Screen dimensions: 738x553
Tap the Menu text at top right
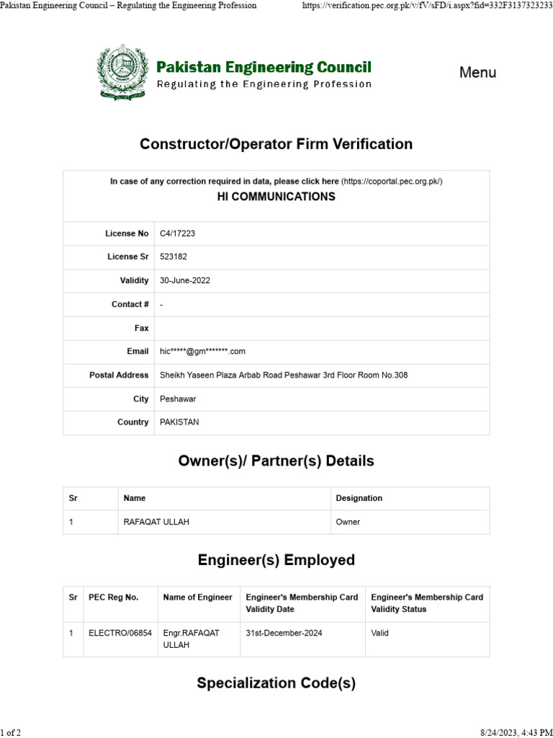(x=477, y=73)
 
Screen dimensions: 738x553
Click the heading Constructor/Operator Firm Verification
(x=276, y=144)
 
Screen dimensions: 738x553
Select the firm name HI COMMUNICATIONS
(x=276, y=196)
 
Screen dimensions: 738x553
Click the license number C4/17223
(x=177, y=234)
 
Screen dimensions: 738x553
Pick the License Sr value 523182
(x=174, y=257)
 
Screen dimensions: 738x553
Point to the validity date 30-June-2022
(x=185, y=280)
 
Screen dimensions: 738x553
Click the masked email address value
(x=202, y=352)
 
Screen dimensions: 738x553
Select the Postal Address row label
(x=119, y=375)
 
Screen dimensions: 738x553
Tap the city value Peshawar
(x=178, y=399)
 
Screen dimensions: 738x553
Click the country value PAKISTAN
(x=179, y=422)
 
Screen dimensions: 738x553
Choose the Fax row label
(x=141, y=328)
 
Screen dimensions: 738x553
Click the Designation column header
(x=359, y=498)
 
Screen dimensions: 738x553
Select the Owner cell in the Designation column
(x=348, y=522)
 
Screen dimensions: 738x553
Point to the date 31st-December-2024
(x=284, y=633)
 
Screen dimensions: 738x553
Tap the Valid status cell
(x=382, y=633)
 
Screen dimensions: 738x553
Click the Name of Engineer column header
(x=197, y=597)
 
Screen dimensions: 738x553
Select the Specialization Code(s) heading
(x=276, y=683)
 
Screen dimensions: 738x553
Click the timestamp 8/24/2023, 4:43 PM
(x=514, y=732)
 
